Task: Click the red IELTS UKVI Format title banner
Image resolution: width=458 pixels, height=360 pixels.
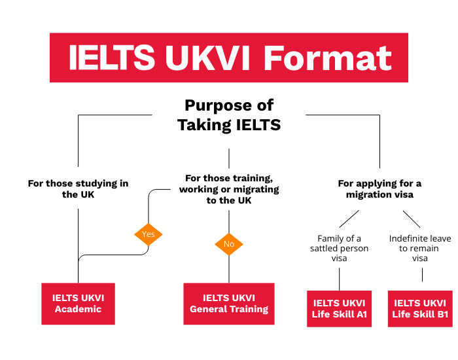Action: tap(229, 58)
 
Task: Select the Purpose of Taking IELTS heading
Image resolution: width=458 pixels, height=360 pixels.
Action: tap(229, 115)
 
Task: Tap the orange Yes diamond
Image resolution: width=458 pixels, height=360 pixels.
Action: tap(149, 234)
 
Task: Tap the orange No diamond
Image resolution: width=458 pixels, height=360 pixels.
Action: tap(229, 244)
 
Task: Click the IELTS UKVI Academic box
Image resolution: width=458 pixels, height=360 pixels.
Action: tap(78, 303)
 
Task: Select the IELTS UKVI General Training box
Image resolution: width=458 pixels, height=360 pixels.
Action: tap(229, 303)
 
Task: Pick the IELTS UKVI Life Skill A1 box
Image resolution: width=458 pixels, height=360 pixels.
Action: tap(339, 308)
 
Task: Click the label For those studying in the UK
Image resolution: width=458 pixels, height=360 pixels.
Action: tap(78, 189)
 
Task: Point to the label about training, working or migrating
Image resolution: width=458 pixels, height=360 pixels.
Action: tap(229, 189)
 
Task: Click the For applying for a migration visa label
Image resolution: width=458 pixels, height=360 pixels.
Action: tap(379, 189)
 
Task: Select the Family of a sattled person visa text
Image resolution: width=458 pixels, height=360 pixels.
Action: tap(339, 248)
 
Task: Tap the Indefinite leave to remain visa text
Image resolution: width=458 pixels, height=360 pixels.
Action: tap(420, 248)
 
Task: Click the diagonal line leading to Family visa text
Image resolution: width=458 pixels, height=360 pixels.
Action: tap(349, 218)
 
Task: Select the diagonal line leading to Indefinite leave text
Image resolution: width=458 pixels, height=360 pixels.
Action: tap(411, 218)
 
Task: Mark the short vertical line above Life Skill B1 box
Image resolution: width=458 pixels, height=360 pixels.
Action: tap(422, 275)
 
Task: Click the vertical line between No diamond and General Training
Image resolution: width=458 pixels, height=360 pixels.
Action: tap(229, 268)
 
